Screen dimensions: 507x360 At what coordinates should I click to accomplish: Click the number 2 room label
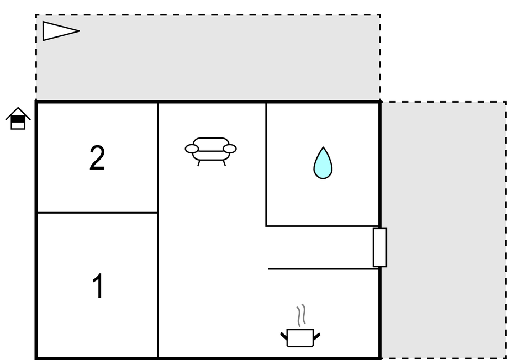(x=97, y=157)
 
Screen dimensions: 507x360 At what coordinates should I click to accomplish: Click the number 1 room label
(x=98, y=286)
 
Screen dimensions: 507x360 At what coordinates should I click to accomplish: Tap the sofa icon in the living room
(x=211, y=151)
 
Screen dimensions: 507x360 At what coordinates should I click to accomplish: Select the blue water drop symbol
(x=323, y=163)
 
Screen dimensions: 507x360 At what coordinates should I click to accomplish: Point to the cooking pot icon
(x=300, y=338)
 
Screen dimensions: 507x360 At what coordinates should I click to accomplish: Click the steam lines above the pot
(x=301, y=315)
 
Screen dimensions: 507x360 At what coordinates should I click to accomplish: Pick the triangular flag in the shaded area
(x=61, y=31)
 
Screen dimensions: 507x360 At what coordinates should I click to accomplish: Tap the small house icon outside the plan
(x=18, y=118)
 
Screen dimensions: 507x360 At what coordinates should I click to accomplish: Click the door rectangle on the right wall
(x=380, y=247)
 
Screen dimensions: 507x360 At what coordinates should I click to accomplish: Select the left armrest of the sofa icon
(x=192, y=149)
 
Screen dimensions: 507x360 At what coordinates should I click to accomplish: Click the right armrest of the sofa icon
(x=230, y=149)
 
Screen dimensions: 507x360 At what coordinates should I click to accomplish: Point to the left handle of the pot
(x=283, y=336)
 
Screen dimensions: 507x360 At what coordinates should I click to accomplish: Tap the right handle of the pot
(x=317, y=336)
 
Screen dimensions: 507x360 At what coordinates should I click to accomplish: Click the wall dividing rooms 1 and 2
(x=97, y=213)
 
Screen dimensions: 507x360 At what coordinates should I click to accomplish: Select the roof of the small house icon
(x=18, y=113)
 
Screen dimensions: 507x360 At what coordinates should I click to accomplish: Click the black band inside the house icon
(x=18, y=120)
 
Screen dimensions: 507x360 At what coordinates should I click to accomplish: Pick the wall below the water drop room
(x=322, y=226)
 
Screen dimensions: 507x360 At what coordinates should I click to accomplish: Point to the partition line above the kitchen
(x=323, y=268)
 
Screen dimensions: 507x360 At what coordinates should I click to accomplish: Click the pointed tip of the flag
(x=80, y=31)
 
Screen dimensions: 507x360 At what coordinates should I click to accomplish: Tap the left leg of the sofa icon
(x=199, y=163)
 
